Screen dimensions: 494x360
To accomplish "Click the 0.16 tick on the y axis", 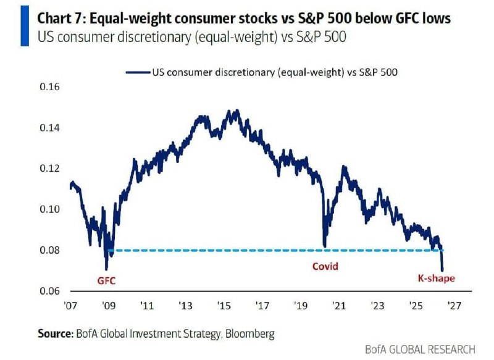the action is pyautogui.click(x=49, y=87).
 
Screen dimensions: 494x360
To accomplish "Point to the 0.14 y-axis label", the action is pyautogui.click(x=49, y=128).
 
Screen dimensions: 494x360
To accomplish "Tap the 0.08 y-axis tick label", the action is pyautogui.click(x=49, y=250).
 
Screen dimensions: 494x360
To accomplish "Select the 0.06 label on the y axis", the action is pyautogui.click(x=49, y=291).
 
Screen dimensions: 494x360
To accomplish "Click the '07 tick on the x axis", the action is pyautogui.click(x=70, y=305).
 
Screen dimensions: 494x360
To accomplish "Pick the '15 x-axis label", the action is pyautogui.click(x=224, y=305).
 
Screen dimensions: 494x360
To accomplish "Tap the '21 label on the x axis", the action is pyautogui.click(x=339, y=305).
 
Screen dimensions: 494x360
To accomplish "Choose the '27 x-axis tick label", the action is pyautogui.click(x=454, y=305).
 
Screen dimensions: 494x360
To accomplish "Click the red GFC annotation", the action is pyautogui.click(x=106, y=280).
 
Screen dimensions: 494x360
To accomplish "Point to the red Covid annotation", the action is pyautogui.click(x=325, y=267).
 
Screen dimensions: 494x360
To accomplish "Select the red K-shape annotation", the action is pyautogui.click(x=437, y=278).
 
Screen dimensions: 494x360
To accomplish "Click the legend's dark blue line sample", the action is pyautogui.click(x=138, y=72).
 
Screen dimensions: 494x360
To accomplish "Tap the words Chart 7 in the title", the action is pyautogui.click(x=59, y=19).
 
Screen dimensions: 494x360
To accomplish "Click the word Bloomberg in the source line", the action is pyautogui.click(x=250, y=333).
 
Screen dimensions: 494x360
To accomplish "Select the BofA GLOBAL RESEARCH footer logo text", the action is pyautogui.click(x=420, y=350).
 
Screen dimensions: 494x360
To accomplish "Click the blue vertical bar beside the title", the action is pyautogui.click(x=25, y=26).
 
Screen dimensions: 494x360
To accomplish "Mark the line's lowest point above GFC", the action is pyautogui.click(x=106, y=269).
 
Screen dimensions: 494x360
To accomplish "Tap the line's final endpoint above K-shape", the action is pyautogui.click(x=442, y=270).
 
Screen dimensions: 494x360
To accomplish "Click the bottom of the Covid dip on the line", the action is pyautogui.click(x=325, y=246).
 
